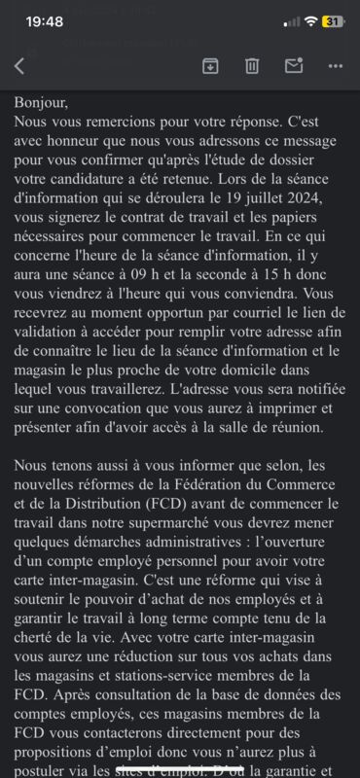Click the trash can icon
252,65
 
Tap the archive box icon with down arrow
209,65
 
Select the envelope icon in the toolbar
294,65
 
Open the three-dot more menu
336,65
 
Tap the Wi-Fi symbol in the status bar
310,21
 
